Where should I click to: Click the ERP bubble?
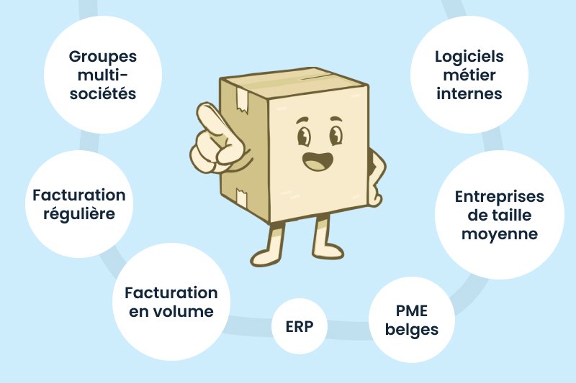[299, 327]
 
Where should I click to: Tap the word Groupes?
[102, 56]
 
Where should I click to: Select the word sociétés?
[102, 93]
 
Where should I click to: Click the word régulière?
[79, 213]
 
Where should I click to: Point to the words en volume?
[171, 311]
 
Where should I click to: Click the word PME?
[412, 311]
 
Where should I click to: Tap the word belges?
[412, 330]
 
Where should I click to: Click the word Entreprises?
[500, 196]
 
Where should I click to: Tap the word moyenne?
[500, 234]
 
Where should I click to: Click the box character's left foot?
[267, 254]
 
